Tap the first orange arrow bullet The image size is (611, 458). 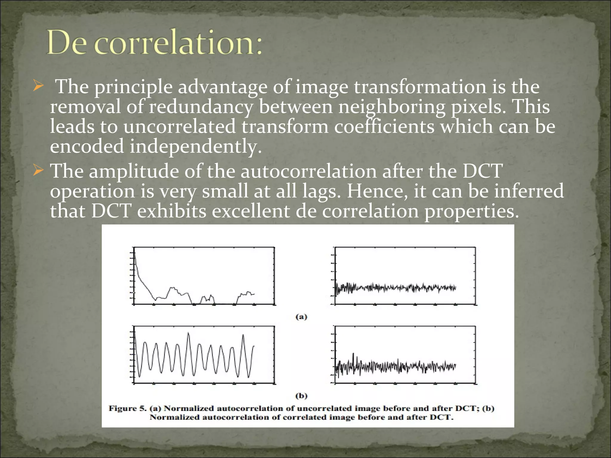[38, 86]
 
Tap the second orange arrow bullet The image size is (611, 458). [38, 171]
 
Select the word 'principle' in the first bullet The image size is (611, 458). [133, 87]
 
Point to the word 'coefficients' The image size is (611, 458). [384, 126]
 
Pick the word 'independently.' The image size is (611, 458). [195, 147]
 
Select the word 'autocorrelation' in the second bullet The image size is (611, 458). [308, 171]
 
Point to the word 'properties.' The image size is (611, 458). [472, 212]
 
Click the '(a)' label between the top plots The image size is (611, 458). [301, 317]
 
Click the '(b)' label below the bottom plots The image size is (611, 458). [301, 396]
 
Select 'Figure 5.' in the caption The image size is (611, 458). [127, 408]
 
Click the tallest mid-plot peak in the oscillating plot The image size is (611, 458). [188, 334]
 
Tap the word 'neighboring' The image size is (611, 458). [392, 107]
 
